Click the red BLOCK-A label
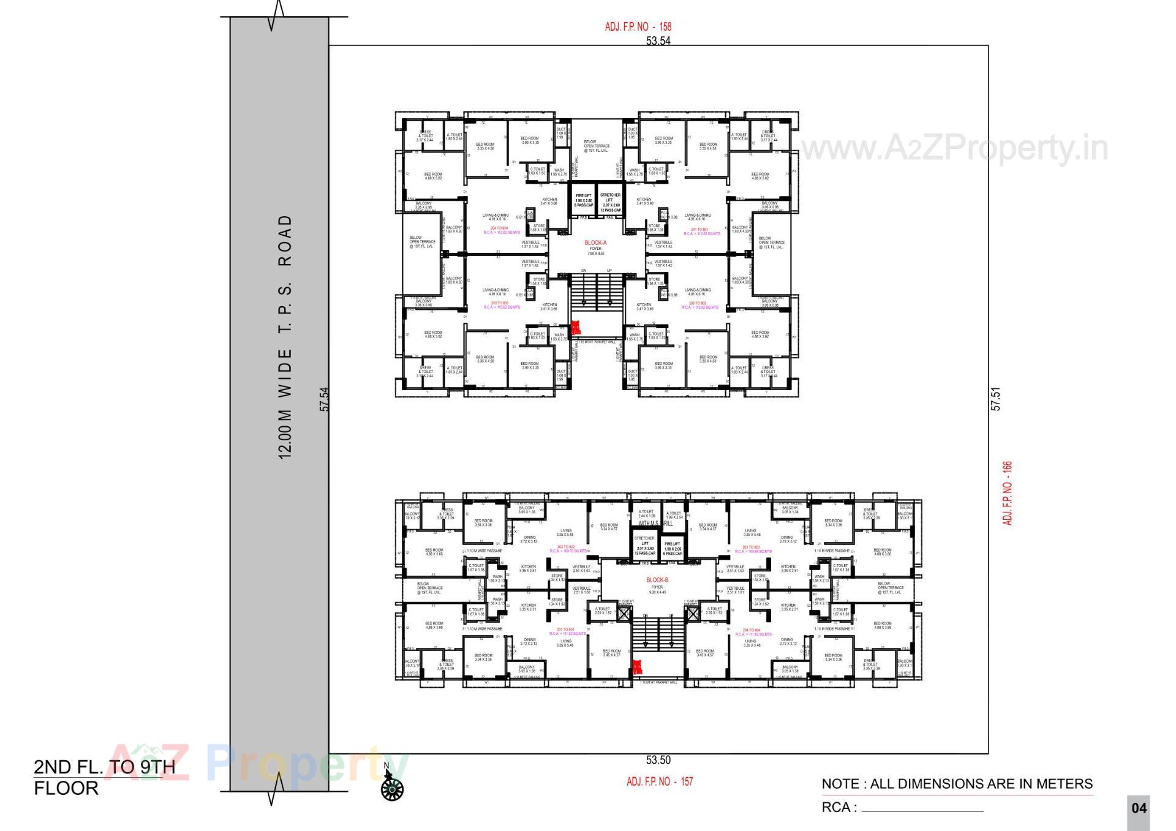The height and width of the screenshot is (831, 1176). tap(595, 243)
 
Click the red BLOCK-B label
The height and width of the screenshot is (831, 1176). tap(657, 579)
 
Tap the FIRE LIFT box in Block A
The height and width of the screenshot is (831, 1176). tap(583, 200)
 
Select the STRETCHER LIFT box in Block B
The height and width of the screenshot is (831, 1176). tap(644, 545)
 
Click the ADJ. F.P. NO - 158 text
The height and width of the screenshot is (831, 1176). tap(638, 27)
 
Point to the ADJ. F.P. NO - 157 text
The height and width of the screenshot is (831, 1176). tap(660, 781)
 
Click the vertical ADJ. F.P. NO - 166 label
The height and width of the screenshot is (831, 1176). tap(1008, 493)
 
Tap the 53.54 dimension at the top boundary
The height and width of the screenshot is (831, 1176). tap(658, 41)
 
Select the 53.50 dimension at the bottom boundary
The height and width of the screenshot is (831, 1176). tap(658, 760)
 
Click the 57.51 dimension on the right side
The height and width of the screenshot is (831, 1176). tap(996, 398)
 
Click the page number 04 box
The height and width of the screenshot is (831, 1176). tap(1139, 808)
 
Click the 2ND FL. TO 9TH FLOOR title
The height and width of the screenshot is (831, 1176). tap(104, 777)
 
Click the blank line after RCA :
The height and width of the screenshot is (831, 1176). tap(922, 810)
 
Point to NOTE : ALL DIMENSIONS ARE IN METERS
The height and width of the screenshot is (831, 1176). tap(957, 784)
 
